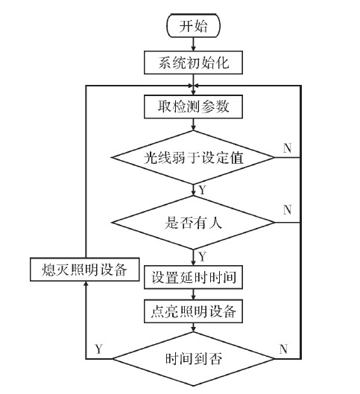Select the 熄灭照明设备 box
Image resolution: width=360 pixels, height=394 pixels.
point(86,269)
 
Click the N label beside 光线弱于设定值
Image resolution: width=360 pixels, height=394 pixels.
point(287,147)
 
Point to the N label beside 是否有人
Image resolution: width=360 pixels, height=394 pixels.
point(287,209)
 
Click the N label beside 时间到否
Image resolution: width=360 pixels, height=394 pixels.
point(283,348)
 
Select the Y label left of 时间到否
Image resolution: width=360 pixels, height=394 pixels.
point(99,348)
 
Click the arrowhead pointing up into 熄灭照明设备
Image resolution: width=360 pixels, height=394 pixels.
point(86,285)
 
